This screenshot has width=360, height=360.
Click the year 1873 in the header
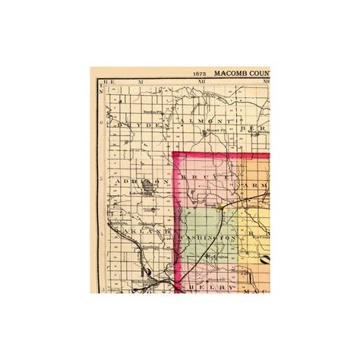coord(201,74)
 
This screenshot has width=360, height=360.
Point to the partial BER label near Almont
coord(251,129)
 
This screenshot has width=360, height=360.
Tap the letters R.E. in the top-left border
coord(108,80)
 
